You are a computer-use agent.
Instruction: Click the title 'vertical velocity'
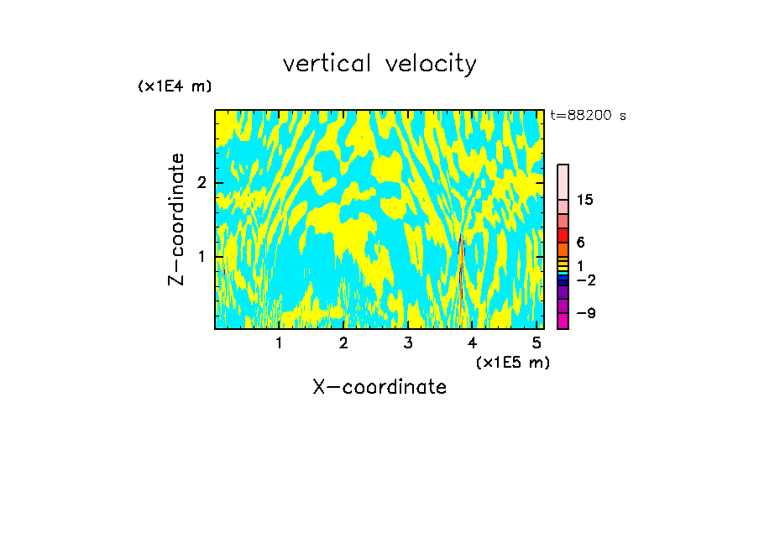379,64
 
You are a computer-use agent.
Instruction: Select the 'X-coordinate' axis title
379,387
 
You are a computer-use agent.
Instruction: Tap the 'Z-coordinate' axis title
176,219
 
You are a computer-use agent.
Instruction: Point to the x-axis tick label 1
279,342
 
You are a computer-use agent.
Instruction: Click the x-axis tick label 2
343,342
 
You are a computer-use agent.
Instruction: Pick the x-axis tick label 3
408,342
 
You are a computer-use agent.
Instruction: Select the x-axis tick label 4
473,342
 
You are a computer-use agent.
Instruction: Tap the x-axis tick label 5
537,342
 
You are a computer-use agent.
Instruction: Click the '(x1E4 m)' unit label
175,86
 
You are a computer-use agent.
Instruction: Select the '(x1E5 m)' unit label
512,362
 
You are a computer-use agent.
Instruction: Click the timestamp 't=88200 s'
588,116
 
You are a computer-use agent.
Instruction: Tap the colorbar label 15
585,200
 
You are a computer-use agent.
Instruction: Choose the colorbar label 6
580,243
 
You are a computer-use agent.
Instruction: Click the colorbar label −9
585,313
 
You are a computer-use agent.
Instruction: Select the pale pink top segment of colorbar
563,181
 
